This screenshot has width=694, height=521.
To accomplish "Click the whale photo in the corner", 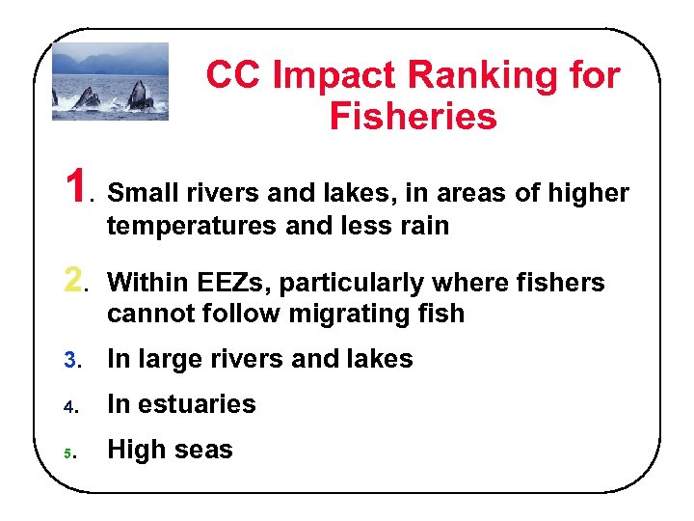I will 110,81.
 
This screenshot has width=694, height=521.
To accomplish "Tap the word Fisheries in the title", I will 413,117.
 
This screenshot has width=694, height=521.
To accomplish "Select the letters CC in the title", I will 231,74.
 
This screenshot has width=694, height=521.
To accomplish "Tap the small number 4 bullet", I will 68,405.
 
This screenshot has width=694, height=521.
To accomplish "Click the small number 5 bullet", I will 68,452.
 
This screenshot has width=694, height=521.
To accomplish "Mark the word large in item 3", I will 170,360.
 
